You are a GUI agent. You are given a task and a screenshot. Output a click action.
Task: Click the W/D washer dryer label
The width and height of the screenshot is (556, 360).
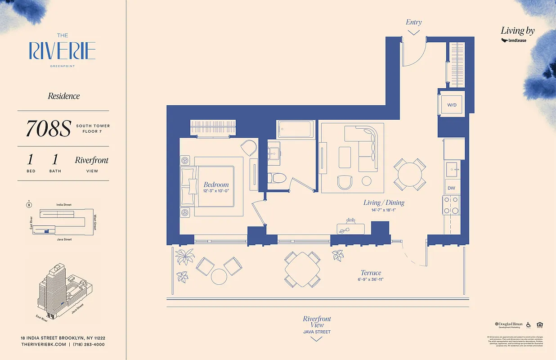tap(452, 105)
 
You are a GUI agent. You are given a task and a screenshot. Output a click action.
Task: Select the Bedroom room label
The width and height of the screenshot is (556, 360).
tap(216, 184)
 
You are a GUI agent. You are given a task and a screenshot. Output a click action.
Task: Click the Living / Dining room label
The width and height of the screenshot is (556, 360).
tap(384, 202)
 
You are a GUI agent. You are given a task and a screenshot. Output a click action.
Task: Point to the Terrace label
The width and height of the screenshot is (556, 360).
tap(371, 273)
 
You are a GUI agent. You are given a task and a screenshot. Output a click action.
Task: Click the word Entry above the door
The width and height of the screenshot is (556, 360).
tap(413, 22)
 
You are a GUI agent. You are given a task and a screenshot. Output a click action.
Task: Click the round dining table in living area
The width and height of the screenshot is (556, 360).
tap(410, 174)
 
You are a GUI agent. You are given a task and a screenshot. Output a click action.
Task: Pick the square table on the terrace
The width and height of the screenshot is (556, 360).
tap(302, 269)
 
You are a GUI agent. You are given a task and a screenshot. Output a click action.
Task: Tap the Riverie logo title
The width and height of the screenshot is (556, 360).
tap(63, 51)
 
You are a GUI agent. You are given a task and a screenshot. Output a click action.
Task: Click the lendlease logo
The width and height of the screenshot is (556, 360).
tap(514, 40)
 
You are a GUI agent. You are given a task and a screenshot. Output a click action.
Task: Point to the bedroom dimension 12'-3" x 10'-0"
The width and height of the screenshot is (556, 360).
tap(216, 191)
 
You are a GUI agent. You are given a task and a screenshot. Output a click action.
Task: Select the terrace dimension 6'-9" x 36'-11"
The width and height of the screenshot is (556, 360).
tap(371, 279)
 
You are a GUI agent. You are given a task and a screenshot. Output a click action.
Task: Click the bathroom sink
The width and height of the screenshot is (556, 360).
tap(274, 153)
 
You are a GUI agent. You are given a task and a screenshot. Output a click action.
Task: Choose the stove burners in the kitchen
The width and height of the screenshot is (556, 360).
tap(451, 205)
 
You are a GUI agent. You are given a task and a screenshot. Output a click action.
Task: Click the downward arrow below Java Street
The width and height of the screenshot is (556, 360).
tap(317, 339)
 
